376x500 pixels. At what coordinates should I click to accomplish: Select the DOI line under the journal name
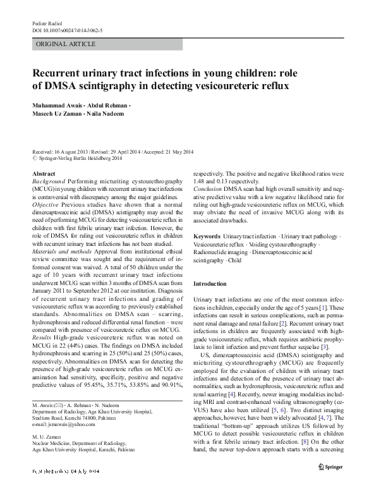pos(68,30)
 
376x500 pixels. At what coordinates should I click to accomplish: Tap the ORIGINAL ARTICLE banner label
pos(66,44)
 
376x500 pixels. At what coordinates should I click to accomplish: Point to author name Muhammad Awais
pos(56,106)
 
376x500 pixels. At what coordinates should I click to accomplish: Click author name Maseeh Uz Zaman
pos(57,114)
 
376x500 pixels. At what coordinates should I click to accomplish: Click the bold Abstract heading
pos(43,173)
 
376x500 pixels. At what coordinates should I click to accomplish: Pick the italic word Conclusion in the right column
pos(208,188)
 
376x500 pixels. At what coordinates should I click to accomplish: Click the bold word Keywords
pos(207,236)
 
